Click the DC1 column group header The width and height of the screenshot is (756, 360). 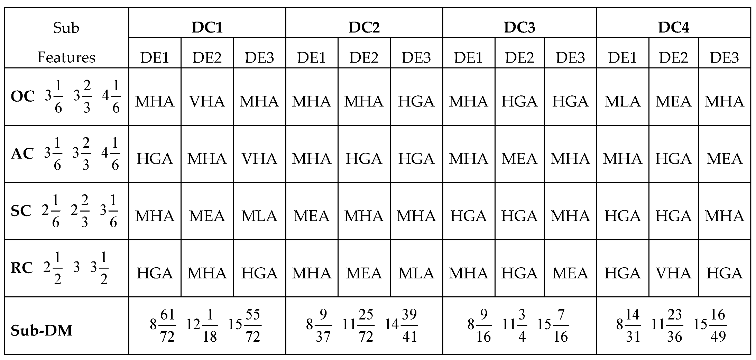[207, 27]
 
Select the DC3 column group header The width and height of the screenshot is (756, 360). [519, 27]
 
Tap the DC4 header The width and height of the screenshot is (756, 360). [673, 27]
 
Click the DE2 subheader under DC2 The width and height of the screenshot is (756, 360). [364, 57]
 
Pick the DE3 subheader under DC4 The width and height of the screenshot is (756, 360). [724, 57]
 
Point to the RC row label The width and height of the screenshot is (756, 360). [22, 268]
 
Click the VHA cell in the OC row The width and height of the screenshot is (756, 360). [207, 101]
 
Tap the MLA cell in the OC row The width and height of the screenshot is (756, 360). [623, 101]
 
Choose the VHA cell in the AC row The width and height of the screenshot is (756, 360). [259, 159]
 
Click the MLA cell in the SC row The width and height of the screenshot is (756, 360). [259, 216]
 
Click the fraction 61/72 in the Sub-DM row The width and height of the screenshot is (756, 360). [167, 325]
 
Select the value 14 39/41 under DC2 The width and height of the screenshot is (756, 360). [401, 325]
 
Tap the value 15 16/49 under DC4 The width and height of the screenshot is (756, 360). [710, 325]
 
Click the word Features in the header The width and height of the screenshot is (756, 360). [66, 57]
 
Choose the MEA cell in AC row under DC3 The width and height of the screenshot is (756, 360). [519, 159]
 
